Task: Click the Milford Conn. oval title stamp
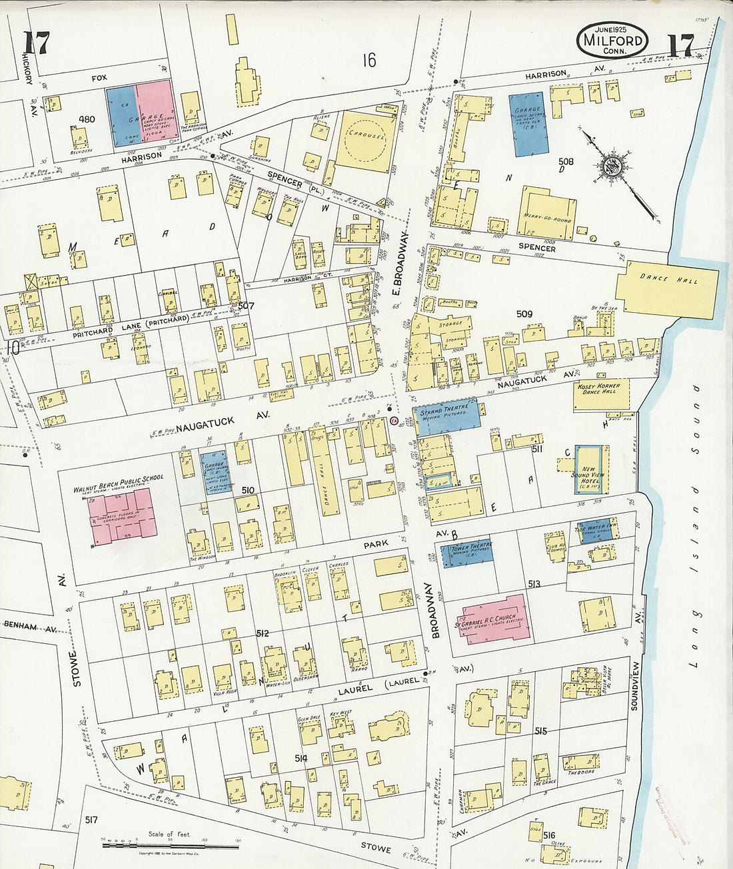coord(612,40)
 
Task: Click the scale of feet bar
coord(170,845)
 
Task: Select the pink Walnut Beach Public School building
coord(123,516)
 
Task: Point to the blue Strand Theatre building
coord(446,417)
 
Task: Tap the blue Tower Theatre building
coord(466,553)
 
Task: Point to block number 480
coord(87,120)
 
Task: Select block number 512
coord(262,633)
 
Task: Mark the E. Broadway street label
coord(394,266)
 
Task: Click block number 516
coord(549,835)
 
